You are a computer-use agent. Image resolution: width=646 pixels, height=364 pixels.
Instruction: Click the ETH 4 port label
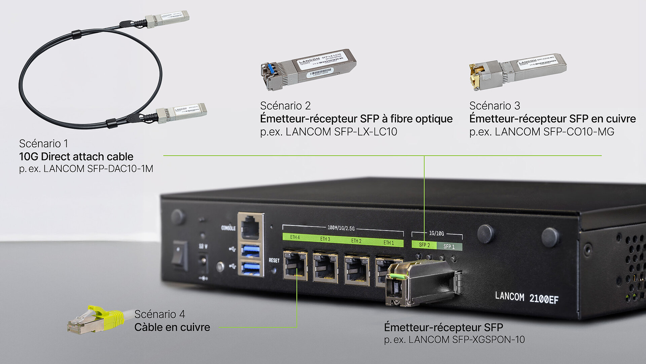pyautogui.click(x=295, y=237)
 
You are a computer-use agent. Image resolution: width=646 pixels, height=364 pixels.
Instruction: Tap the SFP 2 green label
pyautogui.click(x=424, y=245)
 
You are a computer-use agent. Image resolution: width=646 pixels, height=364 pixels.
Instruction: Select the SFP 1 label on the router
pyautogui.click(x=449, y=247)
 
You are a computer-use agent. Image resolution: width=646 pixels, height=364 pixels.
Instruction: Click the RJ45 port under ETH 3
pyautogui.click(x=325, y=268)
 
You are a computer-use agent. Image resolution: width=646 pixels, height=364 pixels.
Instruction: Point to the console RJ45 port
pyautogui.click(x=250, y=227)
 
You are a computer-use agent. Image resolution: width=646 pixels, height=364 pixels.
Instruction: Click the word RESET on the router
pyautogui.click(x=274, y=261)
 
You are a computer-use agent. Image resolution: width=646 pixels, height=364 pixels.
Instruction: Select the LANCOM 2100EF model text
pyautogui.click(x=527, y=298)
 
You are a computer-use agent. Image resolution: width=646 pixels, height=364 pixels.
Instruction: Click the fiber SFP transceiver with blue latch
pyautogui.click(x=308, y=69)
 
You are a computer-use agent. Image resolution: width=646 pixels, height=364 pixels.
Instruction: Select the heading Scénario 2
pyautogui.click(x=285, y=106)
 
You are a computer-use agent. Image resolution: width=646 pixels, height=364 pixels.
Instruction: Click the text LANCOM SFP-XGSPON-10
pyautogui.click(x=466, y=340)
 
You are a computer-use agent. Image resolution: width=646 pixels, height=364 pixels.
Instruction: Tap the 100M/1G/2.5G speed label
pyautogui.click(x=341, y=228)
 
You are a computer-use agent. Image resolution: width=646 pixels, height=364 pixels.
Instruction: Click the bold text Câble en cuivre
pyautogui.click(x=172, y=327)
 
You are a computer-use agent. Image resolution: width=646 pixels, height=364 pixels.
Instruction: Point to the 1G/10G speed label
pyautogui.click(x=436, y=233)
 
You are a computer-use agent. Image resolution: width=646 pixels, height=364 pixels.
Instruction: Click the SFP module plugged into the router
pyautogui.click(x=421, y=283)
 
